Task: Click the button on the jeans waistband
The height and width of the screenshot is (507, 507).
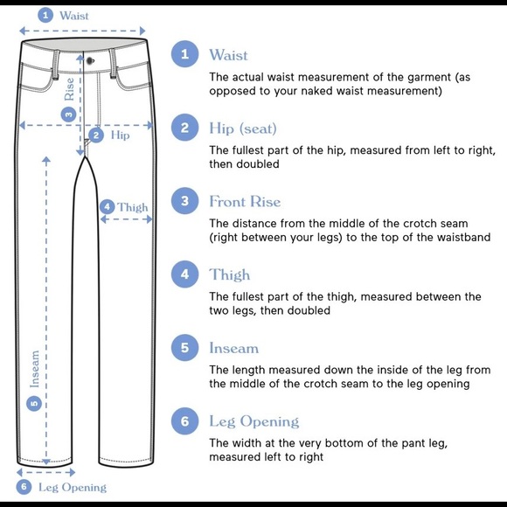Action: click(x=90, y=60)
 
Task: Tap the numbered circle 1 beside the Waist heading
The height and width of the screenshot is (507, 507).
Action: click(x=184, y=53)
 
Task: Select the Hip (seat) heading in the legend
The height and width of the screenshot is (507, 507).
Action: click(x=243, y=128)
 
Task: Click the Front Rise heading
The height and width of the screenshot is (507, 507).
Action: click(x=245, y=201)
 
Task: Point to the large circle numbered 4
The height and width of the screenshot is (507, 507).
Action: click(x=184, y=274)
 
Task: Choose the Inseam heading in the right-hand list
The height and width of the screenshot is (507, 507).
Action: click(x=233, y=348)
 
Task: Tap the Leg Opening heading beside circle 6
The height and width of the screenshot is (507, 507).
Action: click(x=253, y=421)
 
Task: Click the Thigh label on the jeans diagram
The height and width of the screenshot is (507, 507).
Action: click(x=133, y=207)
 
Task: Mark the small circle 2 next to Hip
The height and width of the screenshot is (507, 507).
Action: click(x=96, y=135)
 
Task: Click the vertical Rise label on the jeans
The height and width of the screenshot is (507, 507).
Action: click(x=70, y=89)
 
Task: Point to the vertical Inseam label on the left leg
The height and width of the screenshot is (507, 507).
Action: click(x=35, y=369)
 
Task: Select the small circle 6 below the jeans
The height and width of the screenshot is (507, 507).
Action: click(x=24, y=487)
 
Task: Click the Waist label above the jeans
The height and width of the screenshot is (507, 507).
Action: click(x=74, y=16)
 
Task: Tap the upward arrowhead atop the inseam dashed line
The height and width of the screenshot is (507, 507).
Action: click(x=46, y=159)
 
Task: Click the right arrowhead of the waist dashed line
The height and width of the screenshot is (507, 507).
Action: click(x=142, y=31)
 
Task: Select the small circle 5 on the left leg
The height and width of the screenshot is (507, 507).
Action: click(x=34, y=403)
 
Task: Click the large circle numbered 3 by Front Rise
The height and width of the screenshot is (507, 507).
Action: click(x=184, y=201)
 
